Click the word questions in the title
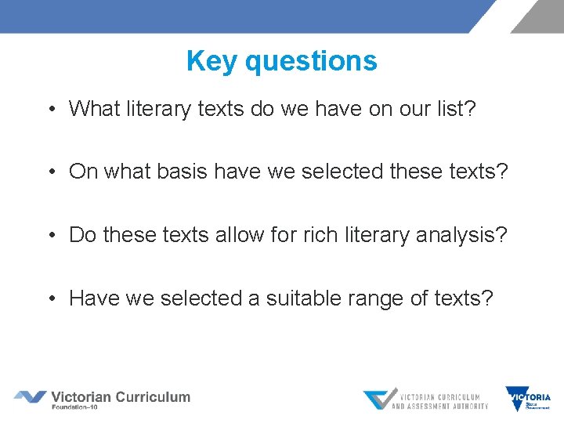(311, 61)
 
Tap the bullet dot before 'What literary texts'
(50, 109)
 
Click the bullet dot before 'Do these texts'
(50, 235)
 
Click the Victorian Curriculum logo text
(121, 396)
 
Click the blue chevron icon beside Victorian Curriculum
(30, 397)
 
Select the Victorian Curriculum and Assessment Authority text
(439, 400)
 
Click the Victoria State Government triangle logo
(517, 399)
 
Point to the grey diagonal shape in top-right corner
(539, 16)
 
